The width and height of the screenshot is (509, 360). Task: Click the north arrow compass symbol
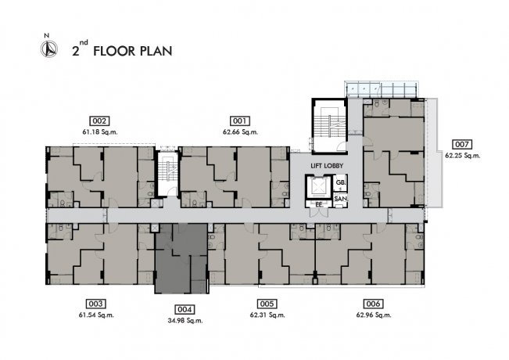click(x=49, y=49)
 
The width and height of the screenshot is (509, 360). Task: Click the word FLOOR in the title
click(x=114, y=52)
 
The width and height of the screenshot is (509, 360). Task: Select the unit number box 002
click(x=99, y=121)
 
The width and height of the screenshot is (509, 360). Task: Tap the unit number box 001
click(x=240, y=121)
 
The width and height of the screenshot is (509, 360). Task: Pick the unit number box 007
click(x=462, y=145)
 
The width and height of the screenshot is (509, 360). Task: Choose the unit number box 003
click(x=95, y=304)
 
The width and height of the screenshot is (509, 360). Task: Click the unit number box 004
click(x=185, y=309)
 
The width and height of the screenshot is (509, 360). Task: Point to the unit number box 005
click(x=267, y=304)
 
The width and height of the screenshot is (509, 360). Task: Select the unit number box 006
click(x=373, y=304)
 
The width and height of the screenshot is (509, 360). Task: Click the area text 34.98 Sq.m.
click(x=185, y=321)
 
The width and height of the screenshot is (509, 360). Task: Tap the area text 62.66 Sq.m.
click(x=240, y=132)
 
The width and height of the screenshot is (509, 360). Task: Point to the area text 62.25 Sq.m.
click(x=463, y=156)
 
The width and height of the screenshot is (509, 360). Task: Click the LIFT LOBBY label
click(x=327, y=166)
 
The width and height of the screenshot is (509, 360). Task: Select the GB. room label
click(x=341, y=182)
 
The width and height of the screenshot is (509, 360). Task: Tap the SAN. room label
click(x=341, y=199)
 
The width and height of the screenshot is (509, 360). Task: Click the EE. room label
click(x=319, y=205)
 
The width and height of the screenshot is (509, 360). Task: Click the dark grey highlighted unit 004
click(x=181, y=258)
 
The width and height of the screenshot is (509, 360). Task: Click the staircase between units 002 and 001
click(x=168, y=173)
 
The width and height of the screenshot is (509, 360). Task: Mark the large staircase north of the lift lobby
click(x=330, y=125)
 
